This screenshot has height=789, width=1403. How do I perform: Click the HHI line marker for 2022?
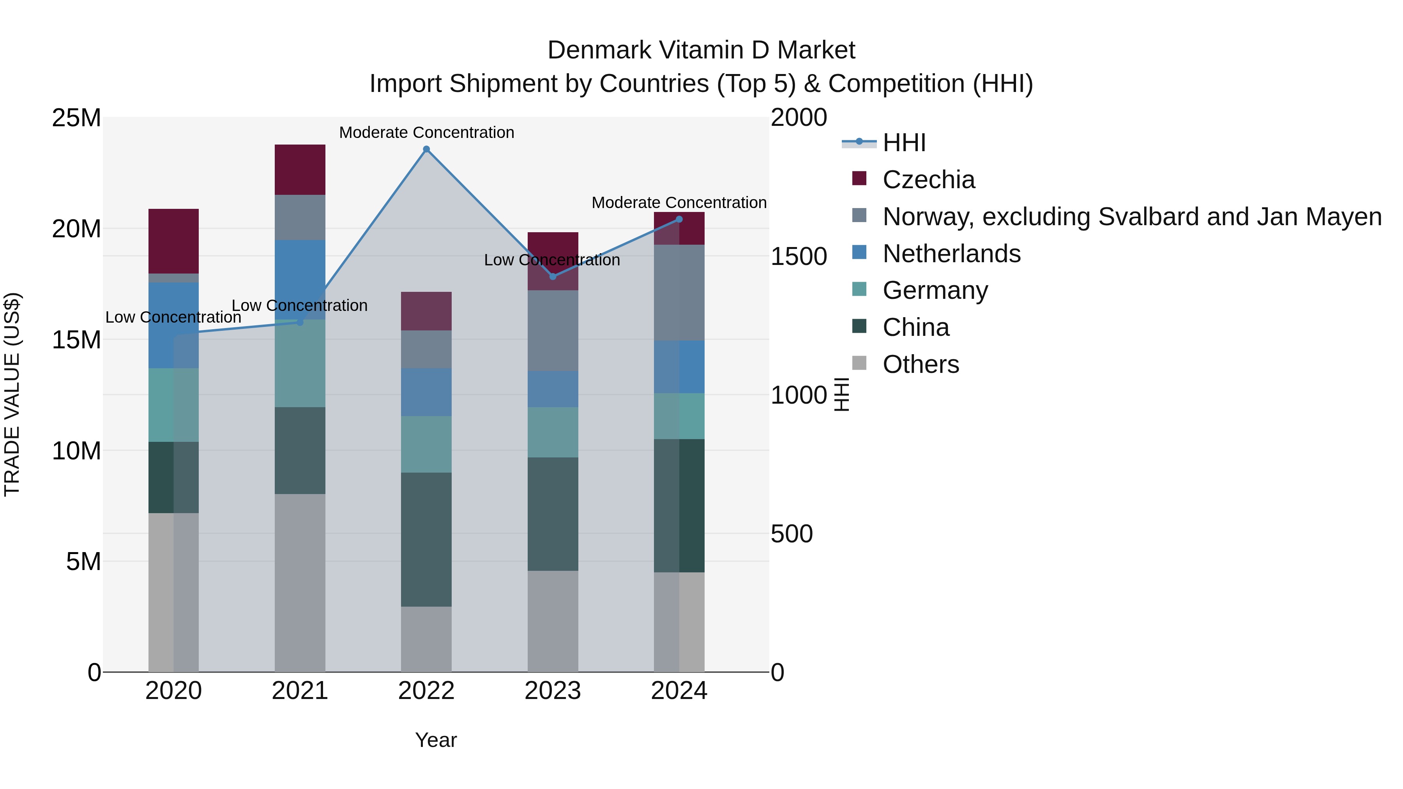pyautogui.click(x=426, y=149)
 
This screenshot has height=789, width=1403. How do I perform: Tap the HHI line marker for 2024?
pyautogui.click(x=679, y=219)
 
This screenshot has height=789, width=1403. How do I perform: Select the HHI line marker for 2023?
pyautogui.click(x=553, y=277)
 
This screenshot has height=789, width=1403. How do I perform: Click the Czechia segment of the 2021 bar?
pyautogui.click(x=300, y=169)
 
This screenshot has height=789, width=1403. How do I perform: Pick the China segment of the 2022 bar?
pyautogui.click(x=426, y=539)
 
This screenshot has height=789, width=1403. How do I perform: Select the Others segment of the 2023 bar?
pyautogui.click(x=553, y=621)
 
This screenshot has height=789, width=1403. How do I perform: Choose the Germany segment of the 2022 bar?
pyautogui.click(x=426, y=444)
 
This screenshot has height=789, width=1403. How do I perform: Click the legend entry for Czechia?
pyautogui.click(x=929, y=180)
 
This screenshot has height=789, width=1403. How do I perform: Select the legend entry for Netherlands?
pyautogui.click(x=951, y=254)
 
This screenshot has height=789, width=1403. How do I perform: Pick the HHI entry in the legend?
pyautogui.click(x=904, y=143)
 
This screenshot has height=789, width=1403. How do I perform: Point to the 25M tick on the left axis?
pyautogui.click(x=76, y=118)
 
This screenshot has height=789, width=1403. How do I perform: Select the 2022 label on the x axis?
pyautogui.click(x=426, y=691)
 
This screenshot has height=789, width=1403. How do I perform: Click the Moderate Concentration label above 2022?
pyautogui.click(x=426, y=132)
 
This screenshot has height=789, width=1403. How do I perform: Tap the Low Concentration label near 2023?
pyautogui.click(x=552, y=260)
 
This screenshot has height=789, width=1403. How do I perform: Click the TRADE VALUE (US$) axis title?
pyautogui.click(x=12, y=394)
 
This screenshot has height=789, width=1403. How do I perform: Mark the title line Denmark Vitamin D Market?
pyautogui.click(x=701, y=50)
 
